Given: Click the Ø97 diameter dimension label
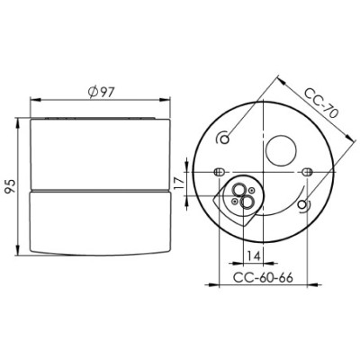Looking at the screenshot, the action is click(102, 92).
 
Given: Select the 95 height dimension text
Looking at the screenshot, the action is click(10, 187).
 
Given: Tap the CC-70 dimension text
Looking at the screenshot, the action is click(321, 103).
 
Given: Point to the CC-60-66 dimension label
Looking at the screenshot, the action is click(263, 277).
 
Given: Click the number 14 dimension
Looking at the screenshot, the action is click(253, 256).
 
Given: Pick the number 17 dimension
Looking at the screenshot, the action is click(179, 184).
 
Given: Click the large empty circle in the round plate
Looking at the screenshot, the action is click(282, 150).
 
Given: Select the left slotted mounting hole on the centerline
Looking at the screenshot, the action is click(219, 172).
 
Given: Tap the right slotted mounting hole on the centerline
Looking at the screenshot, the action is click(307, 172).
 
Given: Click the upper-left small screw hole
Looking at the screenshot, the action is click(225, 139).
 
